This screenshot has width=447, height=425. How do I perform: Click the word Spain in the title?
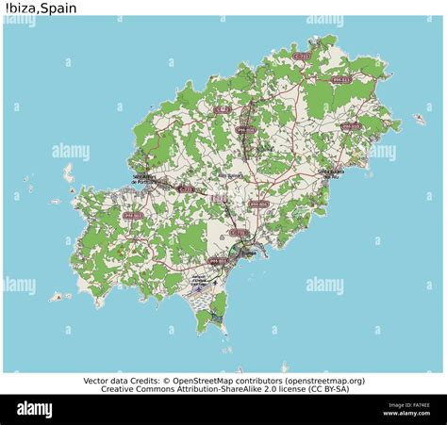click(x=59, y=8)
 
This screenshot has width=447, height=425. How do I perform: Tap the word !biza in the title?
click(x=20, y=8)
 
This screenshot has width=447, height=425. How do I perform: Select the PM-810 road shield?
click(x=350, y=126)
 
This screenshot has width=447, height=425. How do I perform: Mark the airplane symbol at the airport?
click(x=216, y=280)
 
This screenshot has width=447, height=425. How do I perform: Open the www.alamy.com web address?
click(x=406, y=414)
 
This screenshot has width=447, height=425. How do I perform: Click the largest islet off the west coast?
click(x=68, y=172)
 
